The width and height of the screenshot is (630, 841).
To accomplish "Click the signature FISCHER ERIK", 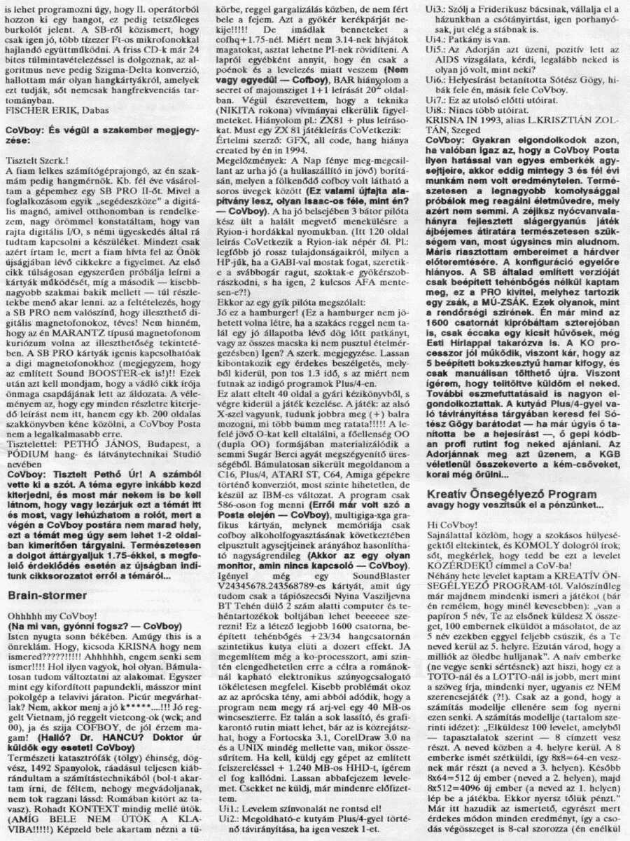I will pos(35,110).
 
